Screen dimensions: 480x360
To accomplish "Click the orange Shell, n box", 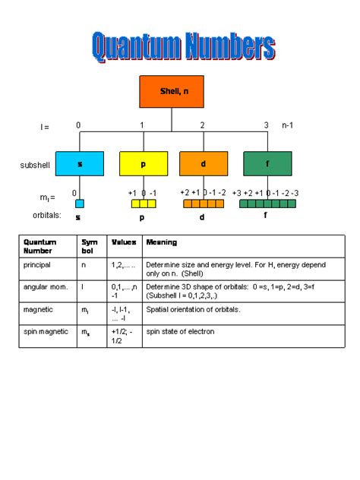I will tap(172, 91).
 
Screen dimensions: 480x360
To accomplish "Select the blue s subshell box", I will tap(79, 163).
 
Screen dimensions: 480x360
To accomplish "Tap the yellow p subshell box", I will tap(143, 163).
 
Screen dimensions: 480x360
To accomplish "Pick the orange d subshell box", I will tap(204, 163).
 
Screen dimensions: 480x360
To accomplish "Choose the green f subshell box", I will tap(267, 163).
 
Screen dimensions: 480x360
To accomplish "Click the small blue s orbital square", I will tap(79, 204).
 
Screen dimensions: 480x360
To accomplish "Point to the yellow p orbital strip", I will tap(144, 204).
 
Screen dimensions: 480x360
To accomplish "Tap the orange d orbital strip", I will tap(203, 204).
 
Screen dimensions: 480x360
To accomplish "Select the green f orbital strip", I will tap(267, 204).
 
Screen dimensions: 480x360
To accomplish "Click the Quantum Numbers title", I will tap(182, 47).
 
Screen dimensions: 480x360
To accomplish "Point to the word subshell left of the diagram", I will tap(34, 164).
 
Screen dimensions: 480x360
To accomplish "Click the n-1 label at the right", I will tap(289, 125).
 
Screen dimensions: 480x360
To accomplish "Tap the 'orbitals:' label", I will tap(37, 216).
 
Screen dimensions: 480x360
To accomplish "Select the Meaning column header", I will tap(162, 242).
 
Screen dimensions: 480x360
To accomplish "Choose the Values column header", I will tap(124, 242).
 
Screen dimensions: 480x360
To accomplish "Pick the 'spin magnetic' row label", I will tap(45, 331).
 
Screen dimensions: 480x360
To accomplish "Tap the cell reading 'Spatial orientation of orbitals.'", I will tap(193, 309).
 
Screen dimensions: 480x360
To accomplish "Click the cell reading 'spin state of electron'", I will tap(181, 331).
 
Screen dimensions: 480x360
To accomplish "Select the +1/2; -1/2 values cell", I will tap(122, 336).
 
